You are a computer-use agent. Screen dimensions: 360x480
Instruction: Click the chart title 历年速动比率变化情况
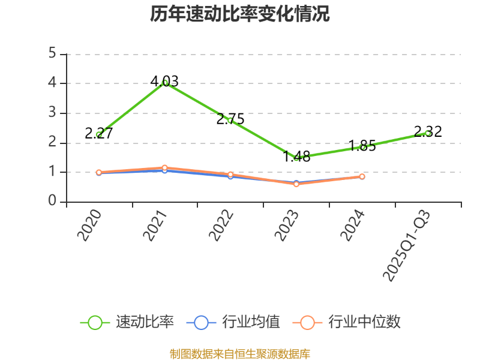pos(239,14)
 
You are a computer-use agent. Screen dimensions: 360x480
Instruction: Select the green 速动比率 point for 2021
pos(165,83)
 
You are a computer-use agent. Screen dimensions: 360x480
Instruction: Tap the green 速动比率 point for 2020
pos(99,135)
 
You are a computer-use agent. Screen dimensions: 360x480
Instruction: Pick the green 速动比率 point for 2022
pos(230,121)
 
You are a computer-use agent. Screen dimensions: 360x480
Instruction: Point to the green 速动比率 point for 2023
pos(296,158)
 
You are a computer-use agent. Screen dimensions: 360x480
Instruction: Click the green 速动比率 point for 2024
pos(362,147)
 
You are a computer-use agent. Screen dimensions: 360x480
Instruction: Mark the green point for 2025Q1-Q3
pos(428,133)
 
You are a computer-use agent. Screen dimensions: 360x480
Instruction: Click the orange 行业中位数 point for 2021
pos(165,168)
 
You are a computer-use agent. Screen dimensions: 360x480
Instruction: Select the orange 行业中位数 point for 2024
pos(362,176)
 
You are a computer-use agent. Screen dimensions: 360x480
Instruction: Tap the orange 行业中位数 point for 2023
pos(296,184)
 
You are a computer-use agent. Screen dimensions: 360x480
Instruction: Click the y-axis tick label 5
pos(53,54)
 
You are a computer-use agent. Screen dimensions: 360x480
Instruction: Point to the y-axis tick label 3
pos(53,113)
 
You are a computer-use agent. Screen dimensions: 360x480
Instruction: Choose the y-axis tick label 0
pos(53,202)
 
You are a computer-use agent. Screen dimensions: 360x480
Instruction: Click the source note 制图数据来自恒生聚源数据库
pos(239,353)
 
